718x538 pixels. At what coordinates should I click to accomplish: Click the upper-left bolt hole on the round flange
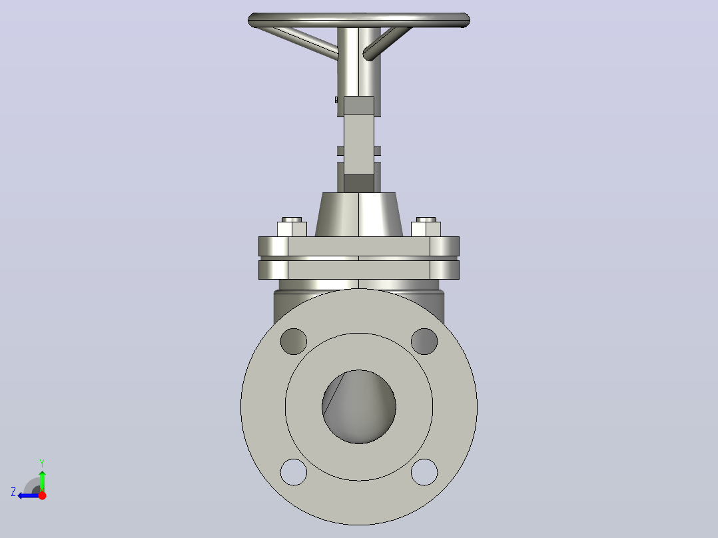coord(294,341)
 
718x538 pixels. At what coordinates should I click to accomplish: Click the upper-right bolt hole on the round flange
coord(424,341)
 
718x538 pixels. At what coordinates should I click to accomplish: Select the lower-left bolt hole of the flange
coord(294,472)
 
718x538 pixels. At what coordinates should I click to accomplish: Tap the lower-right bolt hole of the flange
coord(424,472)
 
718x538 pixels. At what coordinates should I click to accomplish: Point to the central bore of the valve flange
coord(359,407)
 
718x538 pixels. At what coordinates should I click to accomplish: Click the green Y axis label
coord(42,463)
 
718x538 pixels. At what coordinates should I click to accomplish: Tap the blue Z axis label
coord(13,492)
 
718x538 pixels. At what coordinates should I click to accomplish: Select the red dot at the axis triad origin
coord(42,495)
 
